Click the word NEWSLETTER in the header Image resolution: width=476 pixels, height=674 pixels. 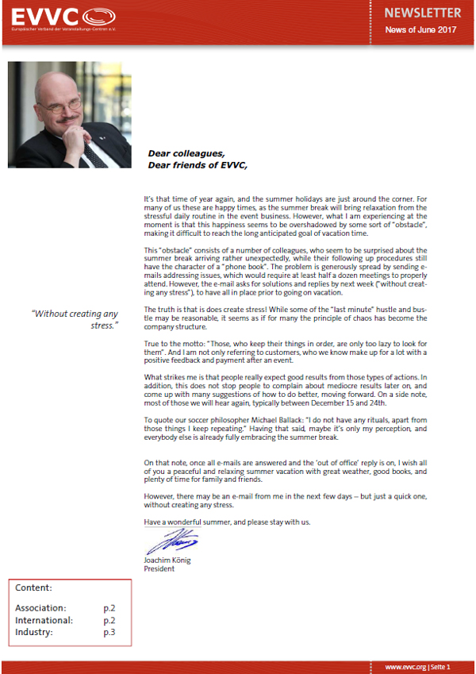click(422, 13)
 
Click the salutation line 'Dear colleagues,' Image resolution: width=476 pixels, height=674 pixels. click(186, 153)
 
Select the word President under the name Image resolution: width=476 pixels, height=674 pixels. click(160, 568)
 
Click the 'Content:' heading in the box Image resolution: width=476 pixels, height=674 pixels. click(34, 588)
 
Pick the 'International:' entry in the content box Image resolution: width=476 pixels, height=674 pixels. click(44, 620)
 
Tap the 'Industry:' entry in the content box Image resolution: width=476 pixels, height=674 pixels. click(34, 632)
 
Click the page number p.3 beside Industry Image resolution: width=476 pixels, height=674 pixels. click(109, 632)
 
